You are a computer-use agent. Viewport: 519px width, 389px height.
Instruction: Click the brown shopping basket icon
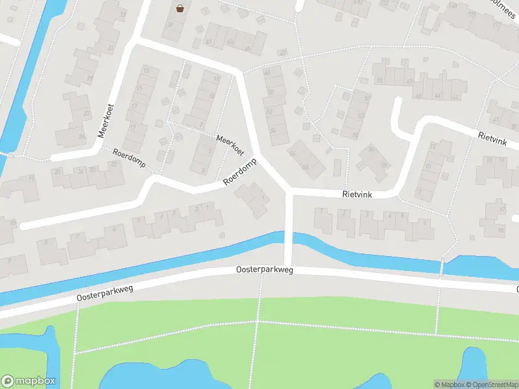coord(180,8)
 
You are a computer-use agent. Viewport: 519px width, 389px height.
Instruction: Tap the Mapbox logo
coord(29,381)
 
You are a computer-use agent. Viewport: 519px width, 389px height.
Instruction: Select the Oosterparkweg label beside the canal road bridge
coord(264,270)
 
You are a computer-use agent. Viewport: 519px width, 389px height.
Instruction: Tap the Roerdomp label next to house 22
coord(127,155)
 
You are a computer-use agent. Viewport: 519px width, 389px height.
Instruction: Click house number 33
coord(123,14)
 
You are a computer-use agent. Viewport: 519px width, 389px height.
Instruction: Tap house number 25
coord(58,171)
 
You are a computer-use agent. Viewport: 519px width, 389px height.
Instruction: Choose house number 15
coord(138,88)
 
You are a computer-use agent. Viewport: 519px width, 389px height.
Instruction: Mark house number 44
coord(438,97)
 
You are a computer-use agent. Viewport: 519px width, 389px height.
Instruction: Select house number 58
coord(372,148)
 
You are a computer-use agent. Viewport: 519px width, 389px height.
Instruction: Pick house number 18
coord(501,230)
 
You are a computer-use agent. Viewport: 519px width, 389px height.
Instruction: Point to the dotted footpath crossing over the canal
coord(442,265)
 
